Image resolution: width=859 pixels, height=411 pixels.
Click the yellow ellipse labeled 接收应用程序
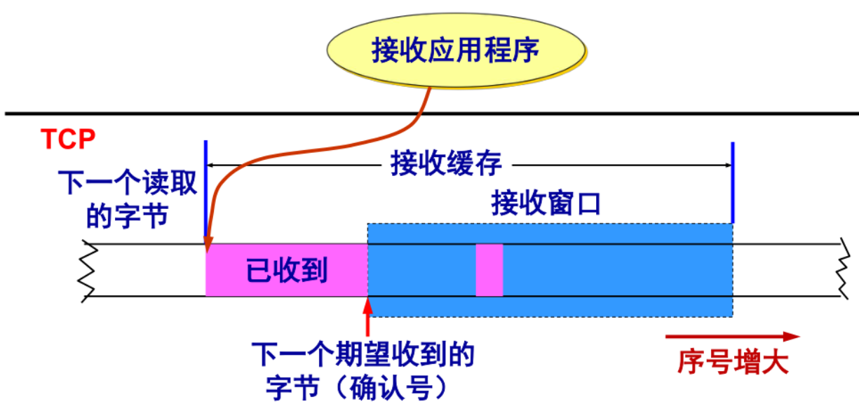(x=456, y=50)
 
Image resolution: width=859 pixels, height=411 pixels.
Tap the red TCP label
(x=68, y=139)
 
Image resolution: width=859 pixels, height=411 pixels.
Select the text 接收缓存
(x=447, y=163)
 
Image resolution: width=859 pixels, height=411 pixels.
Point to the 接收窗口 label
(x=546, y=203)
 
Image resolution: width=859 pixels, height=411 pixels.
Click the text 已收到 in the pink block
(x=287, y=270)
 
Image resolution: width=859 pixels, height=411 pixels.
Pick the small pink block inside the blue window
(x=489, y=270)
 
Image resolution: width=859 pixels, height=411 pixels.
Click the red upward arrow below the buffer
(x=367, y=317)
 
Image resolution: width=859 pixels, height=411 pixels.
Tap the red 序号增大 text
(x=733, y=362)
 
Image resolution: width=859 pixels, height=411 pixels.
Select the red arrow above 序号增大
(x=733, y=337)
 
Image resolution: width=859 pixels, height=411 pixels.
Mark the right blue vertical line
(x=733, y=182)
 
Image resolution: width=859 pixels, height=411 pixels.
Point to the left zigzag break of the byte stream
(x=88, y=271)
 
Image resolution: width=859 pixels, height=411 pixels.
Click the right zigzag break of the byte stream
(x=843, y=269)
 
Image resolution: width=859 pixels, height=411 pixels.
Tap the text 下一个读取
(x=128, y=182)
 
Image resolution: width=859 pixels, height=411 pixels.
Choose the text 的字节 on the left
(x=128, y=216)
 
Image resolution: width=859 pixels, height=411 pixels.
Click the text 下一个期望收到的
(x=363, y=354)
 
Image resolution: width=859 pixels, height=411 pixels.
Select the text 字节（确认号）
(x=357, y=388)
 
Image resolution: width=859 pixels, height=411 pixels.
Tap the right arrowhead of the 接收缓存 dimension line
(x=729, y=166)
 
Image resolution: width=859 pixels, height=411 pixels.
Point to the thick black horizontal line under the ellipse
(x=432, y=114)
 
